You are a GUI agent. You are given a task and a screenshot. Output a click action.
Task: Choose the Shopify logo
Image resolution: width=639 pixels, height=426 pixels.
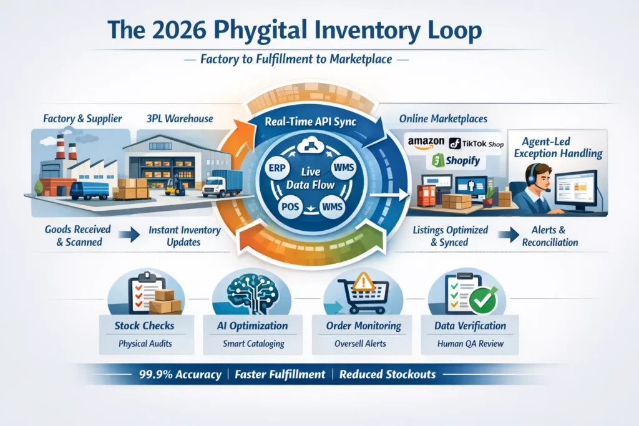point(455,161)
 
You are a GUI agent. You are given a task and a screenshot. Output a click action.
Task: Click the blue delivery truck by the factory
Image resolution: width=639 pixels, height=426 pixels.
point(89,190)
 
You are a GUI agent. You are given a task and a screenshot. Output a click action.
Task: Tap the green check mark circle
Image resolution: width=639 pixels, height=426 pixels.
point(482,301)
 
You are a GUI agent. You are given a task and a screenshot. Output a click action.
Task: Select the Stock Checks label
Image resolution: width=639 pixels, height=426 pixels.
point(145,326)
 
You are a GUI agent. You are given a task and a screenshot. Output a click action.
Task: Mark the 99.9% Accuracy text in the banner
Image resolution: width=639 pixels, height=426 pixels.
point(180,375)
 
